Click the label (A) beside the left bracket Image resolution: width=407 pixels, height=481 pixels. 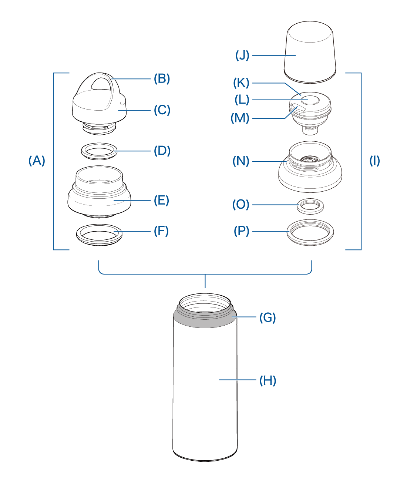click(x=37, y=161)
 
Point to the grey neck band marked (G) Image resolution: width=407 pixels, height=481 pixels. click(x=205, y=321)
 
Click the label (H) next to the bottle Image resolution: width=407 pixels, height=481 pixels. click(x=268, y=381)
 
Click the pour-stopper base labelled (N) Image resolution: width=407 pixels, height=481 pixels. click(x=310, y=178)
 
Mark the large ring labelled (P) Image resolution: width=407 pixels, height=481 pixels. click(x=310, y=239)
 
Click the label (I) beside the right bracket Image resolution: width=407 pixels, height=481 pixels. click(x=374, y=161)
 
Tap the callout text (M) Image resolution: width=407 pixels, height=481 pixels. click(x=240, y=118)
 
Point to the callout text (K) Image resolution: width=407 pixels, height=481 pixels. click(x=241, y=83)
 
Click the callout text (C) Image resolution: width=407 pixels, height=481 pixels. click(x=162, y=110)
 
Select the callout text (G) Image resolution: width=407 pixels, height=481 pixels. click(x=268, y=317)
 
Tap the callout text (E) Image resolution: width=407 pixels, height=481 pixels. click(x=162, y=201)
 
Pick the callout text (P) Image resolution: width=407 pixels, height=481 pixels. click(x=242, y=231)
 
